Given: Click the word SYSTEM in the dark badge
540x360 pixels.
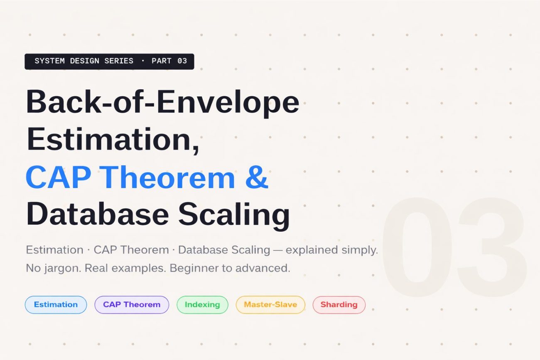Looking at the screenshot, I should (x=49, y=61).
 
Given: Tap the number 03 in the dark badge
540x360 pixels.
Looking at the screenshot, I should (x=182, y=61).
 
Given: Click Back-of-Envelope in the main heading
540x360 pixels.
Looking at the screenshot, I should (x=162, y=102).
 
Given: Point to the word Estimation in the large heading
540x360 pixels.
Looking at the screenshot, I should (x=112, y=140).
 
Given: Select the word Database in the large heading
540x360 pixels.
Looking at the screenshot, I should (x=97, y=215).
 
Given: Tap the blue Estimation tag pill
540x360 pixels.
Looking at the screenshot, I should (x=56, y=304).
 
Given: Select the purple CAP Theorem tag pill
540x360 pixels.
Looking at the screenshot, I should (x=132, y=304).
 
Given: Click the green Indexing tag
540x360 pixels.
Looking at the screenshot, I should (x=202, y=304).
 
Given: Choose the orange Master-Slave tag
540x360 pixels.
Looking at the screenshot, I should (x=270, y=304).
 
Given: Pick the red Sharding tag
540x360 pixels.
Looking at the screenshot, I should (x=339, y=304).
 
